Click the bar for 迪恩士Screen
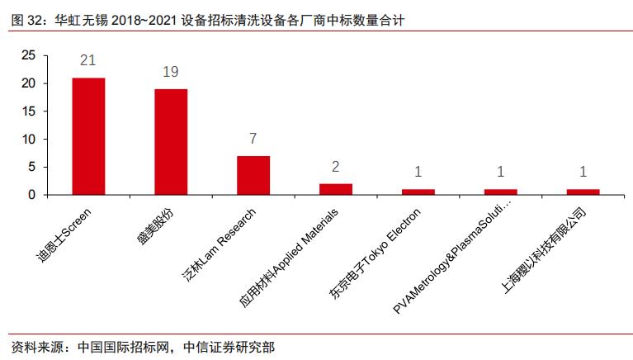pos(88,136)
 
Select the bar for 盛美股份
pos(171,142)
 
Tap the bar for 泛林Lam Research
pos(253,175)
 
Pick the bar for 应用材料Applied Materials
pos(336,189)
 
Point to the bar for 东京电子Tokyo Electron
pos(418,192)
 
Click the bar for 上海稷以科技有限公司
pos(583,192)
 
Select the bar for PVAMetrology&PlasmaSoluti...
pos(501,192)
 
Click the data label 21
pos(88,61)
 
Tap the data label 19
pos(171,72)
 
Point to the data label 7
pos(253,139)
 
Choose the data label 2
pos(336,167)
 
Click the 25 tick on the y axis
pos(29,55)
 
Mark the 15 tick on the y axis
pos(29,111)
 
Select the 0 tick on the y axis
pos(33,195)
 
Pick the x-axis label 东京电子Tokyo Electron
pos(380,249)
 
